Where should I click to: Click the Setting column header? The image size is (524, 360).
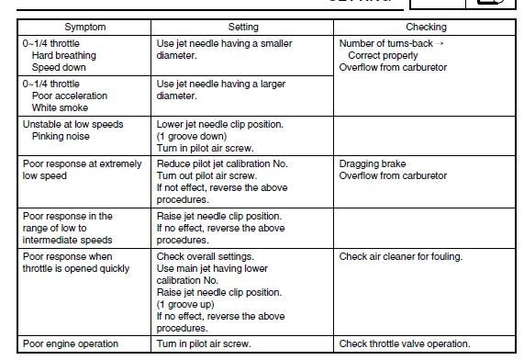click(x=243, y=28)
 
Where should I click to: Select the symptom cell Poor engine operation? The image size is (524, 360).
click(x=71, y=344)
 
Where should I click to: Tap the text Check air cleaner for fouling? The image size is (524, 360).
click(x=401, y=256)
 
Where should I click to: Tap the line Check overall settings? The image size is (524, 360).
click(x=203, y=256)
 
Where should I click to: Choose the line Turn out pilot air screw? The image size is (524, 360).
click(x=201, y=175)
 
